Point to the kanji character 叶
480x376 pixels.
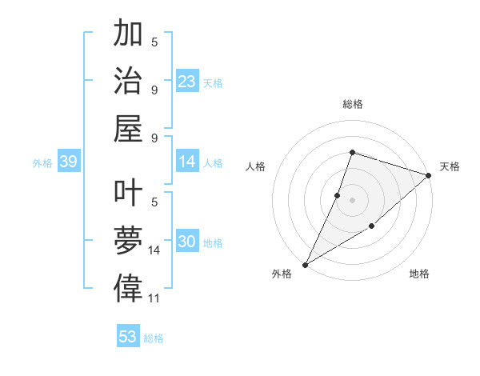[x=129, y=195]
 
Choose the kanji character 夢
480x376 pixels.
[x=129, y=241]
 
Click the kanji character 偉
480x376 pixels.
[x=129, y=287]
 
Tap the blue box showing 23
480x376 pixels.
[x=187, y=82]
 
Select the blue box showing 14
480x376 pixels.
[x=187, y=162]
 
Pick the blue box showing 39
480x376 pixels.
[x=68, y=162]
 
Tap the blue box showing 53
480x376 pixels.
[x=128, y=336]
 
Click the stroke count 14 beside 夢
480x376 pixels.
[x=155, y=250]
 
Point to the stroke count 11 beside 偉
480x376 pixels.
[x=155, y=298]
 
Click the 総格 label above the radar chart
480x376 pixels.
[x=352, y=104]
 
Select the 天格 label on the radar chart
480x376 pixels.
[x=450, y=166]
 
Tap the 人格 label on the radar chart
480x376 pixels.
[x=256, y=166]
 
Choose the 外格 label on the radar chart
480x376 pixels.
[x=282, y=274]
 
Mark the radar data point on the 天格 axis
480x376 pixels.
[x=429, y=175]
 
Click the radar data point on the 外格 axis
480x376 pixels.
[x=305, y=264]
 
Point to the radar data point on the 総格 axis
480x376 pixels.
[x=352, y=152]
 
